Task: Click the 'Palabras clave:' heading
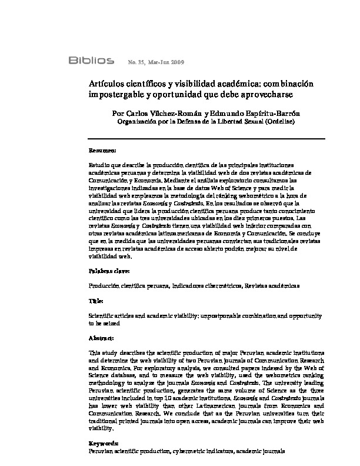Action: (x=109, y=271)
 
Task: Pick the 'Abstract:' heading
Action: (x=101, y=338)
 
